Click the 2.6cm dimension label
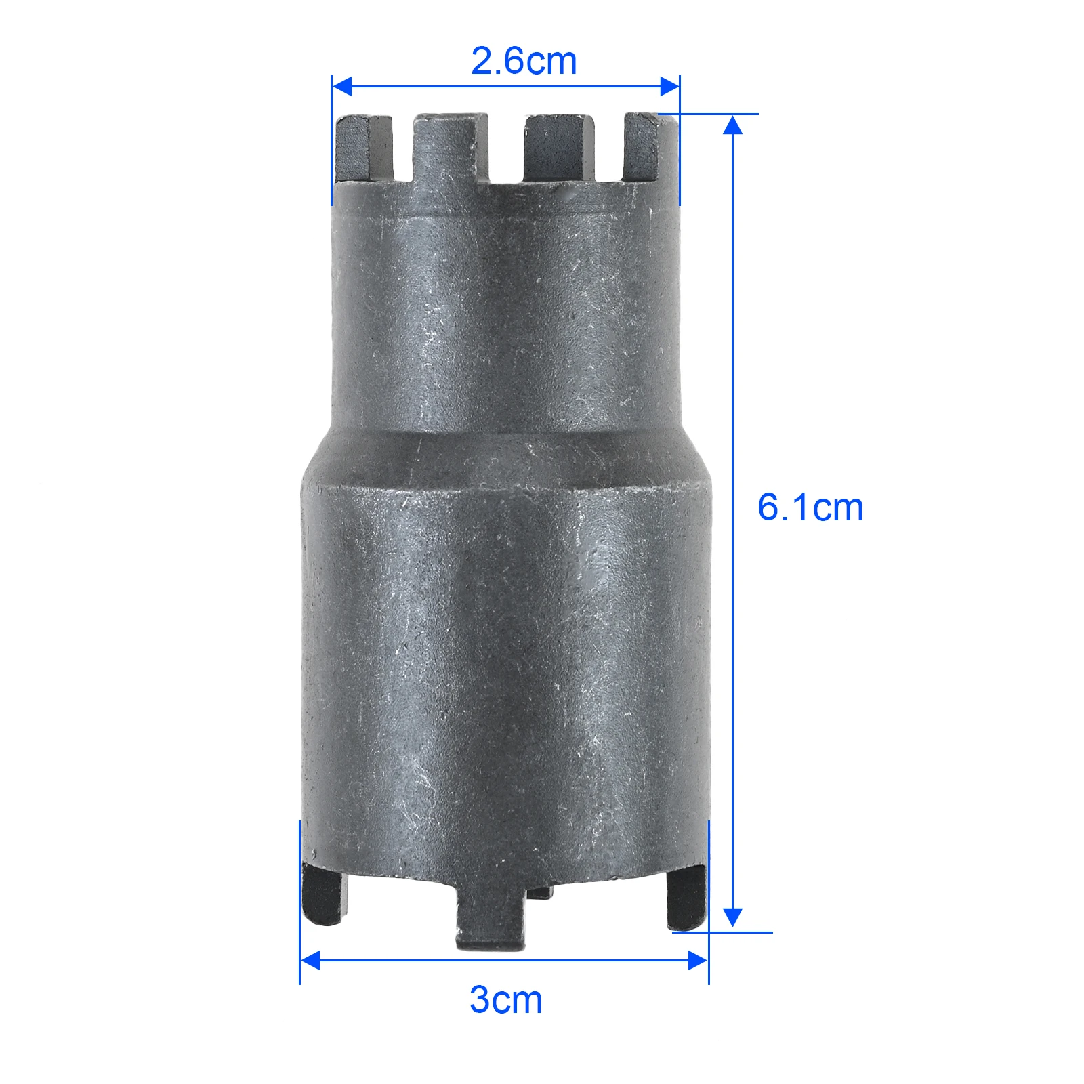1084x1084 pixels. (524, 62)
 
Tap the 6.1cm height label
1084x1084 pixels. (810, 507)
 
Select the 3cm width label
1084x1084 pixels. (506, 1000)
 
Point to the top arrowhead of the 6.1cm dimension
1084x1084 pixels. (732, 125)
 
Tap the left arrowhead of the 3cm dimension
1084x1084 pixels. (310, 960)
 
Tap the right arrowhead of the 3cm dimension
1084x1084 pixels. (698, 960)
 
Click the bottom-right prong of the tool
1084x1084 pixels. (687, 898)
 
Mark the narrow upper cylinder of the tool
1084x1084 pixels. (505, 318)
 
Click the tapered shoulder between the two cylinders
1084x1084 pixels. (505, 457)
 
